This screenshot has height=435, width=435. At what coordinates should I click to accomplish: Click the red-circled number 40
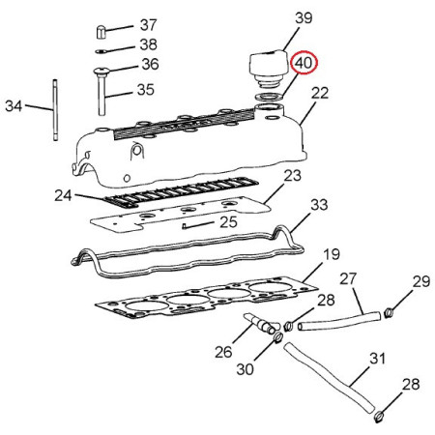(304, 63)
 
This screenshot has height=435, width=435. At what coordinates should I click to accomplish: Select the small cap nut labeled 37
(101, 32)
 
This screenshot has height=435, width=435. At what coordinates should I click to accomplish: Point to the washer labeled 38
(101, 51)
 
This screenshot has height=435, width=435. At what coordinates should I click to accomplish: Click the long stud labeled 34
(55, 110)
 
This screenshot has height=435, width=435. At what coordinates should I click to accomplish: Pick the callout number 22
(320, 93)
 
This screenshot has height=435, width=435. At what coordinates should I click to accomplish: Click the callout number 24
(63, 195)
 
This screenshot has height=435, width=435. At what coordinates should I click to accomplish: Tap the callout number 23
(292, 176)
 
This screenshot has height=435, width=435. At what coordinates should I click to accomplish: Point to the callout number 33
(319, 205)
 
